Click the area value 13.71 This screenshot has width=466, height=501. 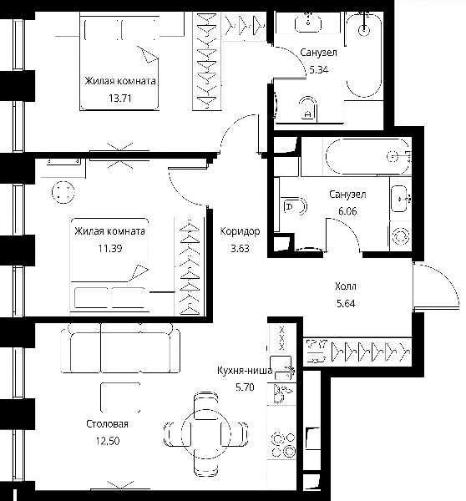(x=120, y=98)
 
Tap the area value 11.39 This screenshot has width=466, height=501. (x=110, y=248)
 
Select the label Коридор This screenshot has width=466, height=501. (x=240, y=231)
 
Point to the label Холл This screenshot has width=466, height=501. (x=346, y=286)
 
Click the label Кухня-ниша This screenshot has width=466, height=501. (x=245, y=371)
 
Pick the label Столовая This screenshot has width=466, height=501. (x=108, y=424)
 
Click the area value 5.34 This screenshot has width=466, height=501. (x=319, y=69)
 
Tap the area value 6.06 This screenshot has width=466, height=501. (x=347, y=211)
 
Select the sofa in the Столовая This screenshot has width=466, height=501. (x=120, y=348)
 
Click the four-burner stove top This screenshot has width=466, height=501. (x=283, y=444)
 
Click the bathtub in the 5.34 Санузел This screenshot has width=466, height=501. (x=364, y=55)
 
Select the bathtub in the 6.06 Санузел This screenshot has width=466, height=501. (x=367, y=156)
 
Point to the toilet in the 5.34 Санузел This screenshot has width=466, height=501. (x=308, y=109)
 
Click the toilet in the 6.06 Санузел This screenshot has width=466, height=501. (x=295, y=206)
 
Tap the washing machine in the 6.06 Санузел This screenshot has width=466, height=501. (x=401, y=235)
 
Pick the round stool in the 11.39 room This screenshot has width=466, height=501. (x=63, y=192)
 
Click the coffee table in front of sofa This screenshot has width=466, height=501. (x=120, y=397)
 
